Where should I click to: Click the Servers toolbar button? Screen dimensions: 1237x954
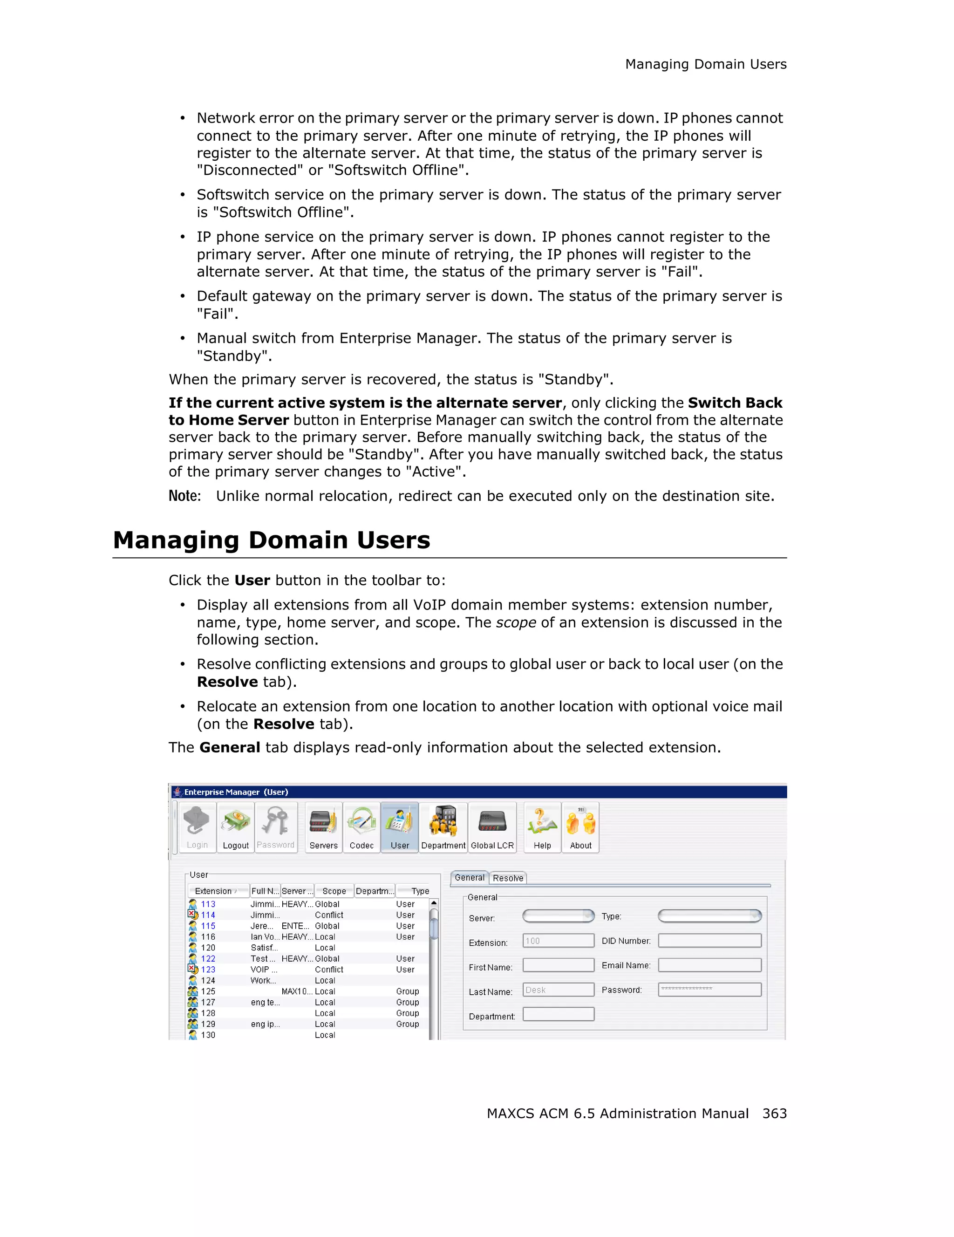323,827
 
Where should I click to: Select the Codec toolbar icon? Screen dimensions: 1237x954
361,827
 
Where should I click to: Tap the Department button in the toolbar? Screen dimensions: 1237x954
443,827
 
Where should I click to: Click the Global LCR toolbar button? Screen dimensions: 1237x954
492,827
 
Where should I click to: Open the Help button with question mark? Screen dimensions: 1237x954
542,827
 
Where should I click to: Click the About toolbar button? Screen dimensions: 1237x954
580,827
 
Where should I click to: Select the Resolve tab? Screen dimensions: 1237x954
508,878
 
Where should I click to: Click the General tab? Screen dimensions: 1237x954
470,877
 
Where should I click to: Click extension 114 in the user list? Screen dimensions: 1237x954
208,915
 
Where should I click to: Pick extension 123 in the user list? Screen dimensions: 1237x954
208,969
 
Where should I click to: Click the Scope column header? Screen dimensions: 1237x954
334,891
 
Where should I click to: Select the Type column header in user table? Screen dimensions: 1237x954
420,891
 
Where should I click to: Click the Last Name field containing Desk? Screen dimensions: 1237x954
558,990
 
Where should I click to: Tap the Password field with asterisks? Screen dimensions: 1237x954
709,990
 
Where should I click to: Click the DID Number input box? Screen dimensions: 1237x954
709,941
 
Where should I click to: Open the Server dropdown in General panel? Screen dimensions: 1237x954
558,916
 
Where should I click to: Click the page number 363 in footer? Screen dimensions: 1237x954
774,1113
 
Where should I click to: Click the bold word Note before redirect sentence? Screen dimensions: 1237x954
184,496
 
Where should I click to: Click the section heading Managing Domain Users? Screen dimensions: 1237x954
271,540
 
